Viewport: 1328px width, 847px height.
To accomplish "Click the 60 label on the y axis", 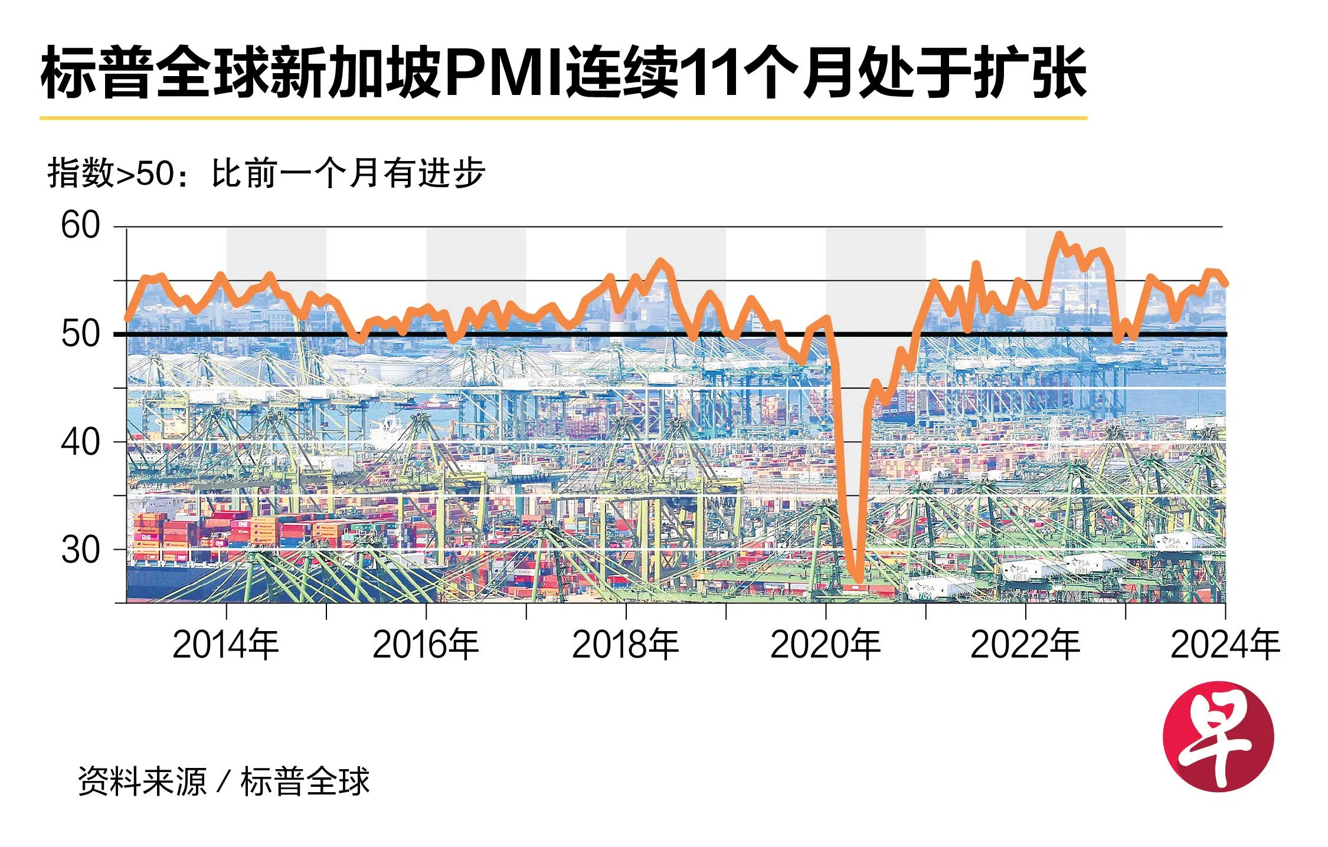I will tap(80, 225).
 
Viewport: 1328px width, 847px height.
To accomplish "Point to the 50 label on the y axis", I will tap(80, 334).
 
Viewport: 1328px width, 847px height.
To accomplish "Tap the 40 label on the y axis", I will tap(80, 442).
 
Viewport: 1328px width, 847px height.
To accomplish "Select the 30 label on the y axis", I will tap(80, 550).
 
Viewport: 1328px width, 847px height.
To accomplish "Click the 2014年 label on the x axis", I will tap(225, 644).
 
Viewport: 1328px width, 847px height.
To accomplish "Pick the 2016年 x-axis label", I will tap(426, 644).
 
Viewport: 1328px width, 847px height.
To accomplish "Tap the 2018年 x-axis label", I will tap(625, 644).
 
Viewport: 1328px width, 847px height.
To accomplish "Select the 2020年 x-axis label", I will tap(825, 644).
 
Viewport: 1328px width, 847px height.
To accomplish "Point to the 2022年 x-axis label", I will tap(1025, 644).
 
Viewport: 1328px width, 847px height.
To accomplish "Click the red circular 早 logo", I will tap(1218, 737).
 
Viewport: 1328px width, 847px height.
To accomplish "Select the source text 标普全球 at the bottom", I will tap(305, 782).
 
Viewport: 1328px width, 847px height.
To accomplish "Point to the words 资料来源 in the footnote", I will tap(142, 782).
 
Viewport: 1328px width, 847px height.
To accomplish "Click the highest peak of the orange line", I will tap(1059, 235).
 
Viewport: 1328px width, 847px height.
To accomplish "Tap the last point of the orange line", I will tap(1226, 284).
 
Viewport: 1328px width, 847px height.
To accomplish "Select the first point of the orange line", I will tap(127, 319).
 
